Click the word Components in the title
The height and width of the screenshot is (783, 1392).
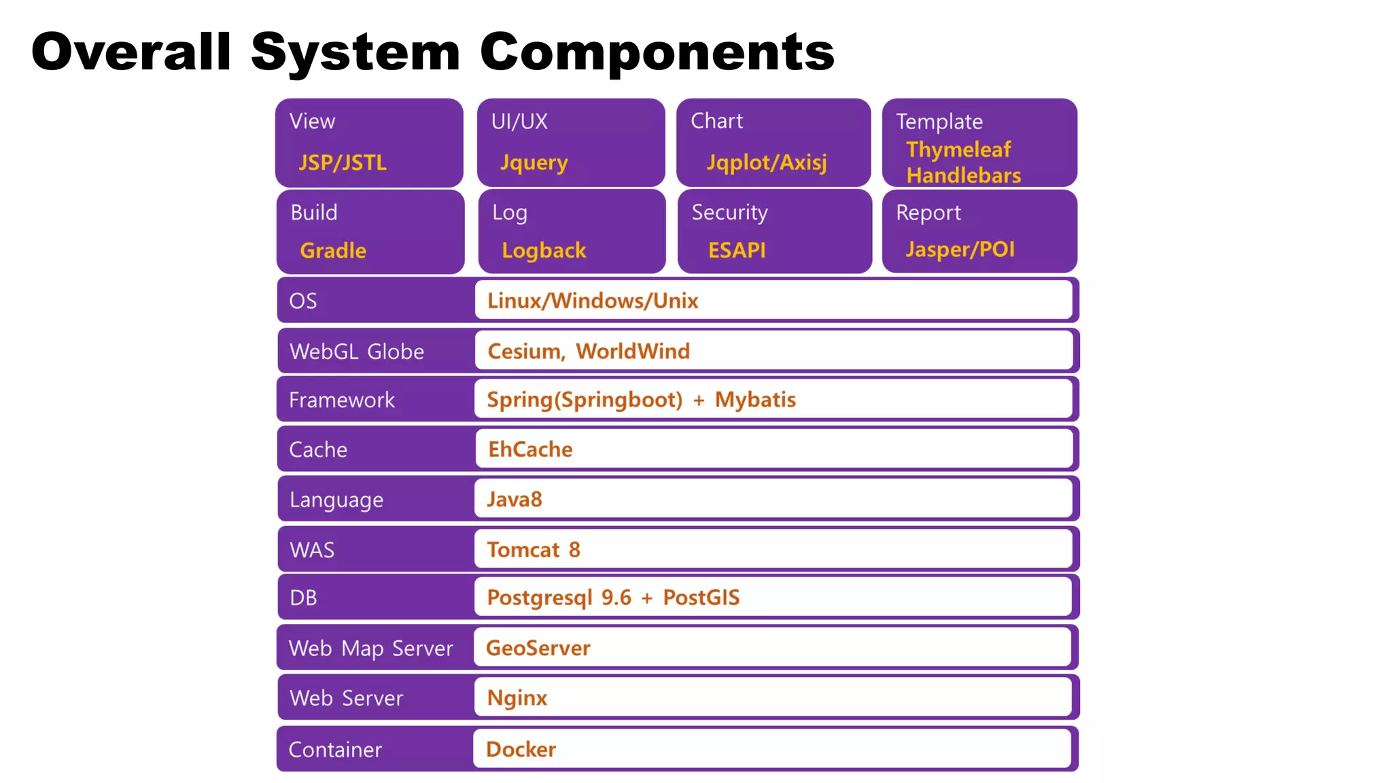pos(657,53)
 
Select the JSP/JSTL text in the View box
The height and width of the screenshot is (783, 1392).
pos(343,162)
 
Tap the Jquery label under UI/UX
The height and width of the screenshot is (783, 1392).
pos(534,162)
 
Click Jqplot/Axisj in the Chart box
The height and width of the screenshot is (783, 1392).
pos(767,162)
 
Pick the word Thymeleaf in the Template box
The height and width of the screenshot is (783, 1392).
pos(958,149)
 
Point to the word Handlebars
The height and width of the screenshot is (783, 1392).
pos(964,175)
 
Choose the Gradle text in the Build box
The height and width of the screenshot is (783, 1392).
pos(333,250)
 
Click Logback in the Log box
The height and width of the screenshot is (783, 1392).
pos(544,250)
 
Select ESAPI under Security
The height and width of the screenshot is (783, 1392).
pos(737,250)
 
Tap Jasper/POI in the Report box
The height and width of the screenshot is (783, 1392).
pos(960,249)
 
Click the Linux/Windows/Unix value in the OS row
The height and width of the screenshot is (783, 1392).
pos(593,300)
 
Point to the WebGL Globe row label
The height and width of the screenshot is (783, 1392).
pos(357,351)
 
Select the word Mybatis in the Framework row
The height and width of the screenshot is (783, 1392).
pos(755,400)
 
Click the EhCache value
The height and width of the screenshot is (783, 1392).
pos(530,449)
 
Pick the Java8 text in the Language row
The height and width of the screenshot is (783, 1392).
pos(515,500)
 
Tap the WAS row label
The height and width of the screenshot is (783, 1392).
pos(312,550)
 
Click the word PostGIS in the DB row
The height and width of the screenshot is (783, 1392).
pos(701,597)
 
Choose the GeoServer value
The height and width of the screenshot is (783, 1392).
pos(538,648)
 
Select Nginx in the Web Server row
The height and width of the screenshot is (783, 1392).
pos(517,698)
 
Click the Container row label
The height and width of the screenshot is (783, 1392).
pos(335,750)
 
